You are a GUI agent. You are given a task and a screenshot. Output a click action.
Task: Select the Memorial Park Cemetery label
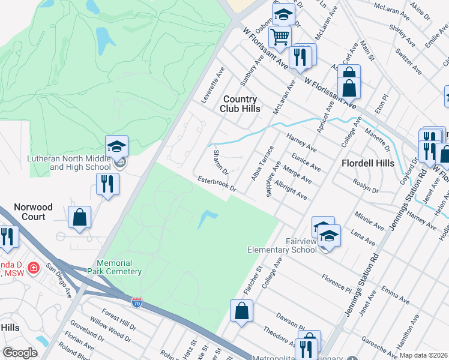(120, 267)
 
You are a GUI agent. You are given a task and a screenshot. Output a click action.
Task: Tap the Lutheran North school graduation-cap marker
(117, 146)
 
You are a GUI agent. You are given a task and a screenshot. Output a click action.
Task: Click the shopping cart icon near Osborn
(280, 37)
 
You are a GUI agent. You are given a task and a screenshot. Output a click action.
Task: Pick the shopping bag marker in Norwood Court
(79, 218)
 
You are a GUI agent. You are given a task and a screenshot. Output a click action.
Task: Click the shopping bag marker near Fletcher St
(241, 311)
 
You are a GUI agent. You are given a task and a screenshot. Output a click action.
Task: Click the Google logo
(20, 353)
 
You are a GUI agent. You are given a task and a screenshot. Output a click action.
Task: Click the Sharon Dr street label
(220, 163)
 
